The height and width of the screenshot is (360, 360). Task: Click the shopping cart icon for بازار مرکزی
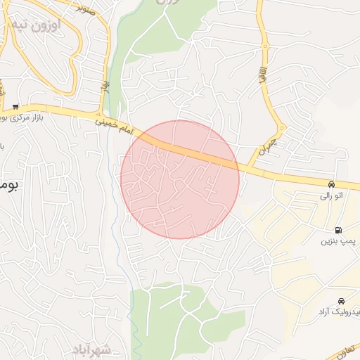coord(15,107)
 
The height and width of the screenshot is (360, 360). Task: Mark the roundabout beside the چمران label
coord(281,129)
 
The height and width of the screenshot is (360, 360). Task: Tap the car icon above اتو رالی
coord(330,184)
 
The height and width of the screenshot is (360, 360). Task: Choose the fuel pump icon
coord(339,230)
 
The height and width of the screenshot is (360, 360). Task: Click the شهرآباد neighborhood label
coord(92,349)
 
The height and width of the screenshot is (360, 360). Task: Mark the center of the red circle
coord(180,179)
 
